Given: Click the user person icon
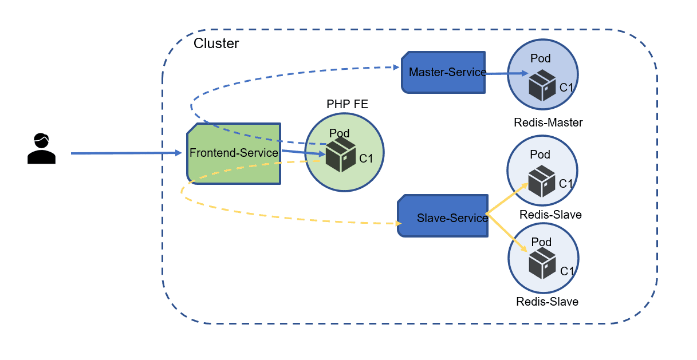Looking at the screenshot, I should pyautogui.click(x=41, y=148).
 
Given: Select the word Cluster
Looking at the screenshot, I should pyautogui.click(x=216, y=43).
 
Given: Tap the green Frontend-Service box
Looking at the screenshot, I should pyautogui.click(x=234, y=153).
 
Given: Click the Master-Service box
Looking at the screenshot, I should pyautogui.click(x=443, y=73).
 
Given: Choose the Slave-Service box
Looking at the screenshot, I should pyautogui.click(x=443, y=217).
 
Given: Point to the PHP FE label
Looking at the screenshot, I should pyautogui.click(x=347, y=104).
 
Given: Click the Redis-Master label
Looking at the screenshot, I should pyautogui.click(x=548, y=122).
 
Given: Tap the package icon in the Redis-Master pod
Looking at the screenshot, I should pyautogui.click(x=542, y=85).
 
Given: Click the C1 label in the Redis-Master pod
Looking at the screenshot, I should pyautogui.click(x=566, y=88).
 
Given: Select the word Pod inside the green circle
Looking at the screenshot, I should pyautogui.click(x=339, y=133).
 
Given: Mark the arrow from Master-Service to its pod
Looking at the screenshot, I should pyautogui.click(x=507, y=74).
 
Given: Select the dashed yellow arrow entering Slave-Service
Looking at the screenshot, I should pyautogui.click(x=286, y=218).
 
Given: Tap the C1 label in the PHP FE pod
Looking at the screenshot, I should pyautogui.click(x=366, y=159).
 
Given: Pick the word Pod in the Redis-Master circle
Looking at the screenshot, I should pyautogui.click(x=540, y=58).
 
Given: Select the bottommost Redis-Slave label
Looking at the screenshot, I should pyautogui.click(x=547, y=302).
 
